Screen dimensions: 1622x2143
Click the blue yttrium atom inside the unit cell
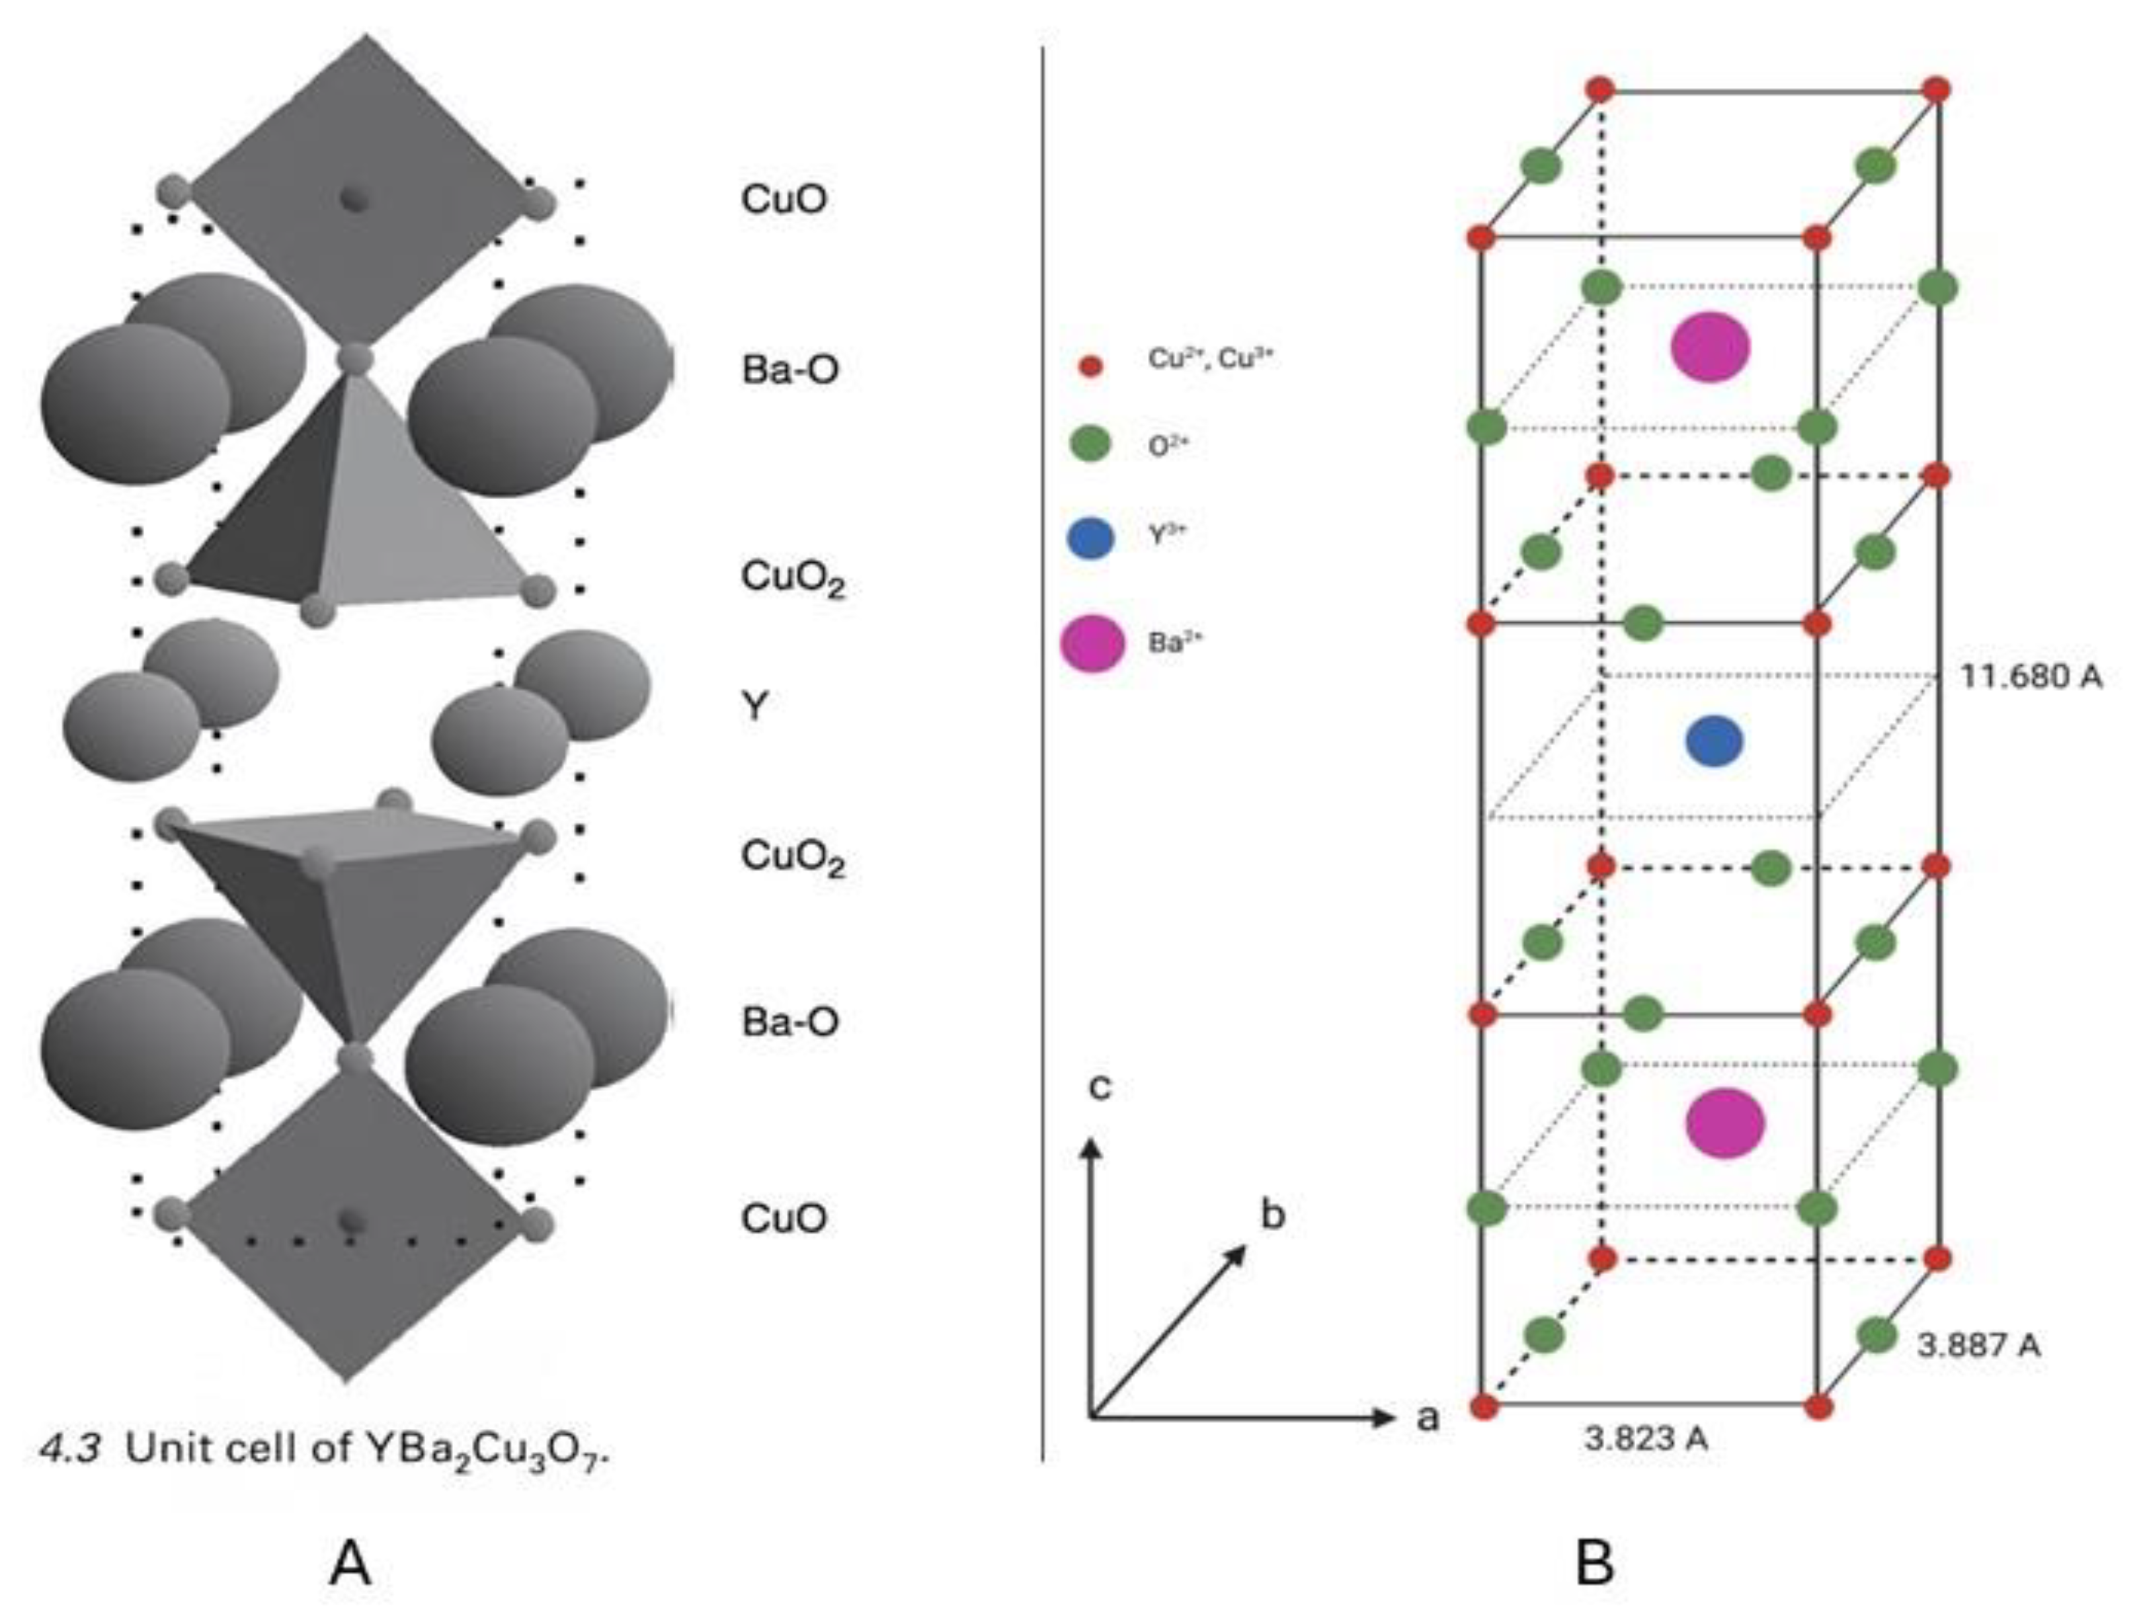1714,741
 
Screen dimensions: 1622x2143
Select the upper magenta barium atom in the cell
1710,347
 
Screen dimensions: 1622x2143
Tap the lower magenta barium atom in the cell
1726,1123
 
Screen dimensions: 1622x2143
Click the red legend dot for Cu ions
1091,367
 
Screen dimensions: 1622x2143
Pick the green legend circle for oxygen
1091,446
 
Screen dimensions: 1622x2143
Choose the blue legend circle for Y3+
1091,539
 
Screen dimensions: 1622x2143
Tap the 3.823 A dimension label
1646,1439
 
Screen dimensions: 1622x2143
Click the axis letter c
1100,1087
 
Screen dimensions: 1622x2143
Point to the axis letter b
1272,1214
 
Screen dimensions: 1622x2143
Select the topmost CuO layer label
784,198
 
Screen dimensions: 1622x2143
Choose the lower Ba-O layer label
789,1021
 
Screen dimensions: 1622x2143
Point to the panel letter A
350,1564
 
